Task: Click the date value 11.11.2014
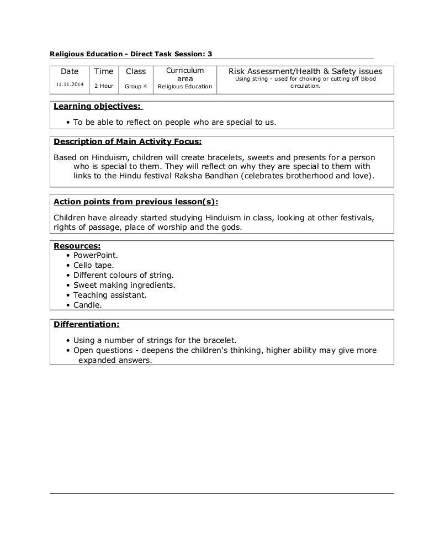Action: coord(70,83)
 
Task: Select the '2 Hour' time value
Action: coord(104,86)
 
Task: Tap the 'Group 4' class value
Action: coord(136,86)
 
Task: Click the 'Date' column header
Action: coord(70,71)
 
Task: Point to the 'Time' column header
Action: coord(104,71)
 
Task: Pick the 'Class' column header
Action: coord(136,71)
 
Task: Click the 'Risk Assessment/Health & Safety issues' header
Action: coord(305,71)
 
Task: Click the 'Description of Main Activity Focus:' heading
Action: coord(128,141)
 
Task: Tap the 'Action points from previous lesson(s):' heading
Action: coord(136,201)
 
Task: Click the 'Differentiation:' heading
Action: coord(86,324)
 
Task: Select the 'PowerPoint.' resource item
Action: coord(96,255)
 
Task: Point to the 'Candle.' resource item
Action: coord(88,304)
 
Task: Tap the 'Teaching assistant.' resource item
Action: coord(110,295)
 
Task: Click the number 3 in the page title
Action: coord(209,54)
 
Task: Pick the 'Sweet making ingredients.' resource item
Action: coord(124,285)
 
